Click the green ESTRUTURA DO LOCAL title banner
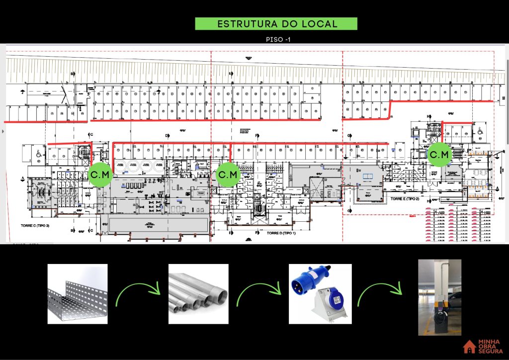tap(276, 24)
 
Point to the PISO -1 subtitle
tap(278, 39)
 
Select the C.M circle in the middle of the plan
tap(229, 175)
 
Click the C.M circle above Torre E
tap(439, 155)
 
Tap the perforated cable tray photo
tap(78, 294)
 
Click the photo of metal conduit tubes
tap(198, 294)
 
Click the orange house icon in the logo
tap(469, 347)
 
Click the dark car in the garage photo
tap(453, 300)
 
